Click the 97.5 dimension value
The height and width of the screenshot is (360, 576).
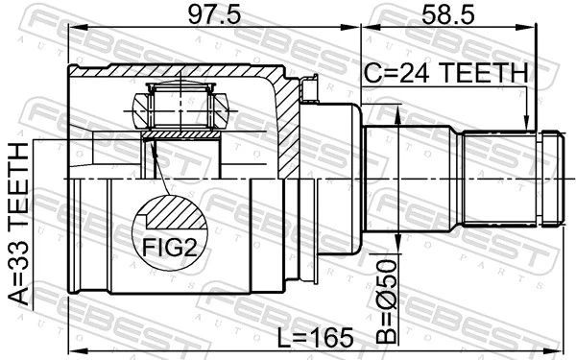[214, 14]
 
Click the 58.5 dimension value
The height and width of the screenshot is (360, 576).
[447, 14]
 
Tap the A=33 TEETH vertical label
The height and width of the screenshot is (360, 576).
[18, 224]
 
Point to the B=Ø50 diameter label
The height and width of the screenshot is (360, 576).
[387, 301]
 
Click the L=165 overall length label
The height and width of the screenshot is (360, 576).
[315, 338]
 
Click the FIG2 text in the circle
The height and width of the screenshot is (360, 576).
[169, 248]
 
